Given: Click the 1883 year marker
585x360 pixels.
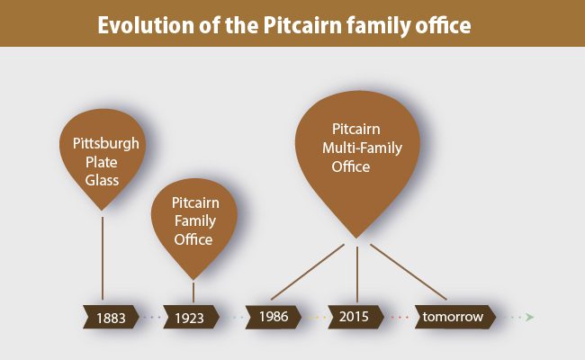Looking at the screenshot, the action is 111,318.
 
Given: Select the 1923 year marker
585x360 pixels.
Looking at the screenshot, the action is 191,318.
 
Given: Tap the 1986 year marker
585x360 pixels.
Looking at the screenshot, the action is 273,317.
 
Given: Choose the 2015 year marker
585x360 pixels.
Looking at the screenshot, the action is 355,317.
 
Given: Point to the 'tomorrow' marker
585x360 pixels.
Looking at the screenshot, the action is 455,317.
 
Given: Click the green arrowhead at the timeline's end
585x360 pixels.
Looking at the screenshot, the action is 530,318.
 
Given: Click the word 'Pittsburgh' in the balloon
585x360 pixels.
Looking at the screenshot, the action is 105,144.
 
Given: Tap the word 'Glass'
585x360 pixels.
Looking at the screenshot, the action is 102,180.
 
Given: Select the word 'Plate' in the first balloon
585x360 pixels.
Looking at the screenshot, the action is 102,162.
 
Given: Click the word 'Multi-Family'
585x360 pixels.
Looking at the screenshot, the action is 362,148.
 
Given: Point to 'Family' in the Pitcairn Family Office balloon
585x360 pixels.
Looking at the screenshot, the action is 195,221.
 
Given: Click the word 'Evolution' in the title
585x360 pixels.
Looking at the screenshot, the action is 145,25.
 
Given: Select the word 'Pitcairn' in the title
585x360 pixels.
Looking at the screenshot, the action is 302,25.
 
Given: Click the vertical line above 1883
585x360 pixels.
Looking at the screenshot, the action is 103,258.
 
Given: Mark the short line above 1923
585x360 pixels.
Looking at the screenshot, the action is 193,292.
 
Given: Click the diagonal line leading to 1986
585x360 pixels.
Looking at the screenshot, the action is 308,272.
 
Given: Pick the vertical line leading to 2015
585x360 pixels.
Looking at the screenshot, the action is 357,274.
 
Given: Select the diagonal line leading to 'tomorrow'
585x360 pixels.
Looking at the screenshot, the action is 409,272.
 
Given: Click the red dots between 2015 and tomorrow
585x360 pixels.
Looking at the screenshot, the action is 400,318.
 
